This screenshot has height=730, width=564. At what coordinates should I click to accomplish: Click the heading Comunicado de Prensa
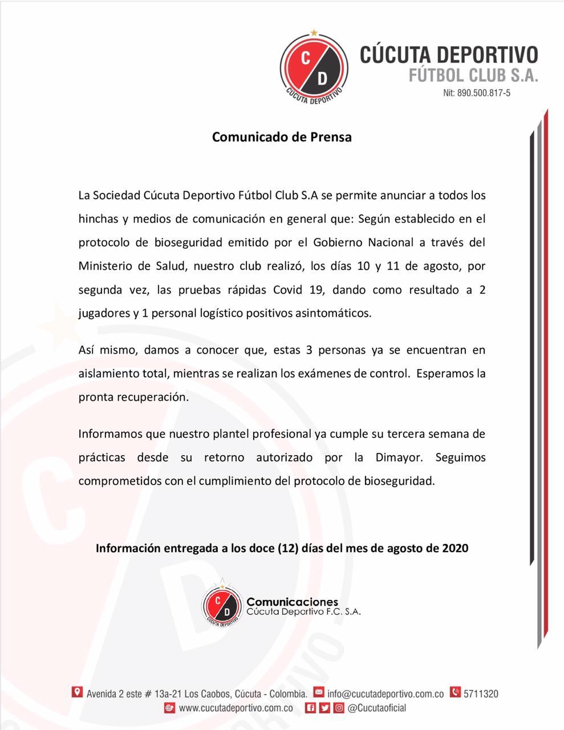(282, 137)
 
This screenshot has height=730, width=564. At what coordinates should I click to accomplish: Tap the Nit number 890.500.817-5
(477, 94)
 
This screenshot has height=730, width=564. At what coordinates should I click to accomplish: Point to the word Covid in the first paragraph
(287, 290)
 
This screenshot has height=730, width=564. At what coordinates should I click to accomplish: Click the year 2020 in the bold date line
(455, 548)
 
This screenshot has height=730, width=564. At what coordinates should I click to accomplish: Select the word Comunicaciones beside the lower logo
(292, 602)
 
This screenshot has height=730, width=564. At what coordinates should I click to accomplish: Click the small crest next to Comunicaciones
(222, 606)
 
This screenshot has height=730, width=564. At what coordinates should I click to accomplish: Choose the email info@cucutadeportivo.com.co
(386, 694)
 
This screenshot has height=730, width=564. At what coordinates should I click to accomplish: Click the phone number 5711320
(481, 694)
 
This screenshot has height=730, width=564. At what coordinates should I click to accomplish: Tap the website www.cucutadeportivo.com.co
(236, 708)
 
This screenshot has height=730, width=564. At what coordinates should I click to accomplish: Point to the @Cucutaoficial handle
(377, 708)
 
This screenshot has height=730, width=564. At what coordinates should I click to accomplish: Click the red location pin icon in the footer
(77, 692)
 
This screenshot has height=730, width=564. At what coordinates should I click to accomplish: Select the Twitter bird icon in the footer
(324, 708)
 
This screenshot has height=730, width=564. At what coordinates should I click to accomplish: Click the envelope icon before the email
(319, 693)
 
